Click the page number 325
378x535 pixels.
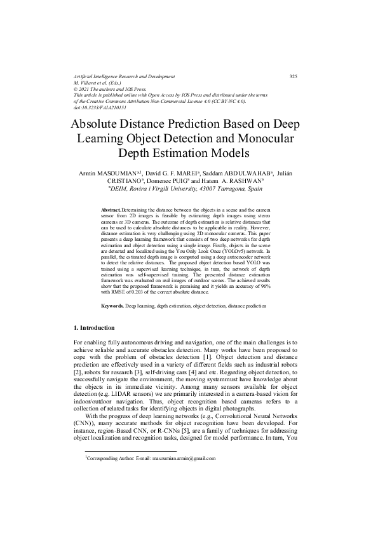click(x=293, y=77)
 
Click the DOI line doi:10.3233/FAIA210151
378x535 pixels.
click(x=101, y=108)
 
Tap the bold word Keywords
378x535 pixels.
click(x=113, y=306)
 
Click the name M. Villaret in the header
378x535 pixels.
click(x=87, y=83)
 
